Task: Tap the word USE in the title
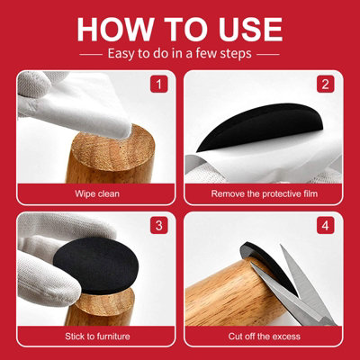[x=250, y=29]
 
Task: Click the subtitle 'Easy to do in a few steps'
[x=179, y=54]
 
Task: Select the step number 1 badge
[x=158, y=85]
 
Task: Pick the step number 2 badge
[x=326, y=85]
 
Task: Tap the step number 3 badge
[x=158, y=225]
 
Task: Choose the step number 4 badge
[x=326, y=225]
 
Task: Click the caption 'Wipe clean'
[x=97, y=193]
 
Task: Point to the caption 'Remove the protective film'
[x=265, y=193]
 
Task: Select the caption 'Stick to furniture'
[x=97, y=336]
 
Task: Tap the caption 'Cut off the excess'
[x=265, y=336]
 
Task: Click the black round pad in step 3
[x=96, y=265]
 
